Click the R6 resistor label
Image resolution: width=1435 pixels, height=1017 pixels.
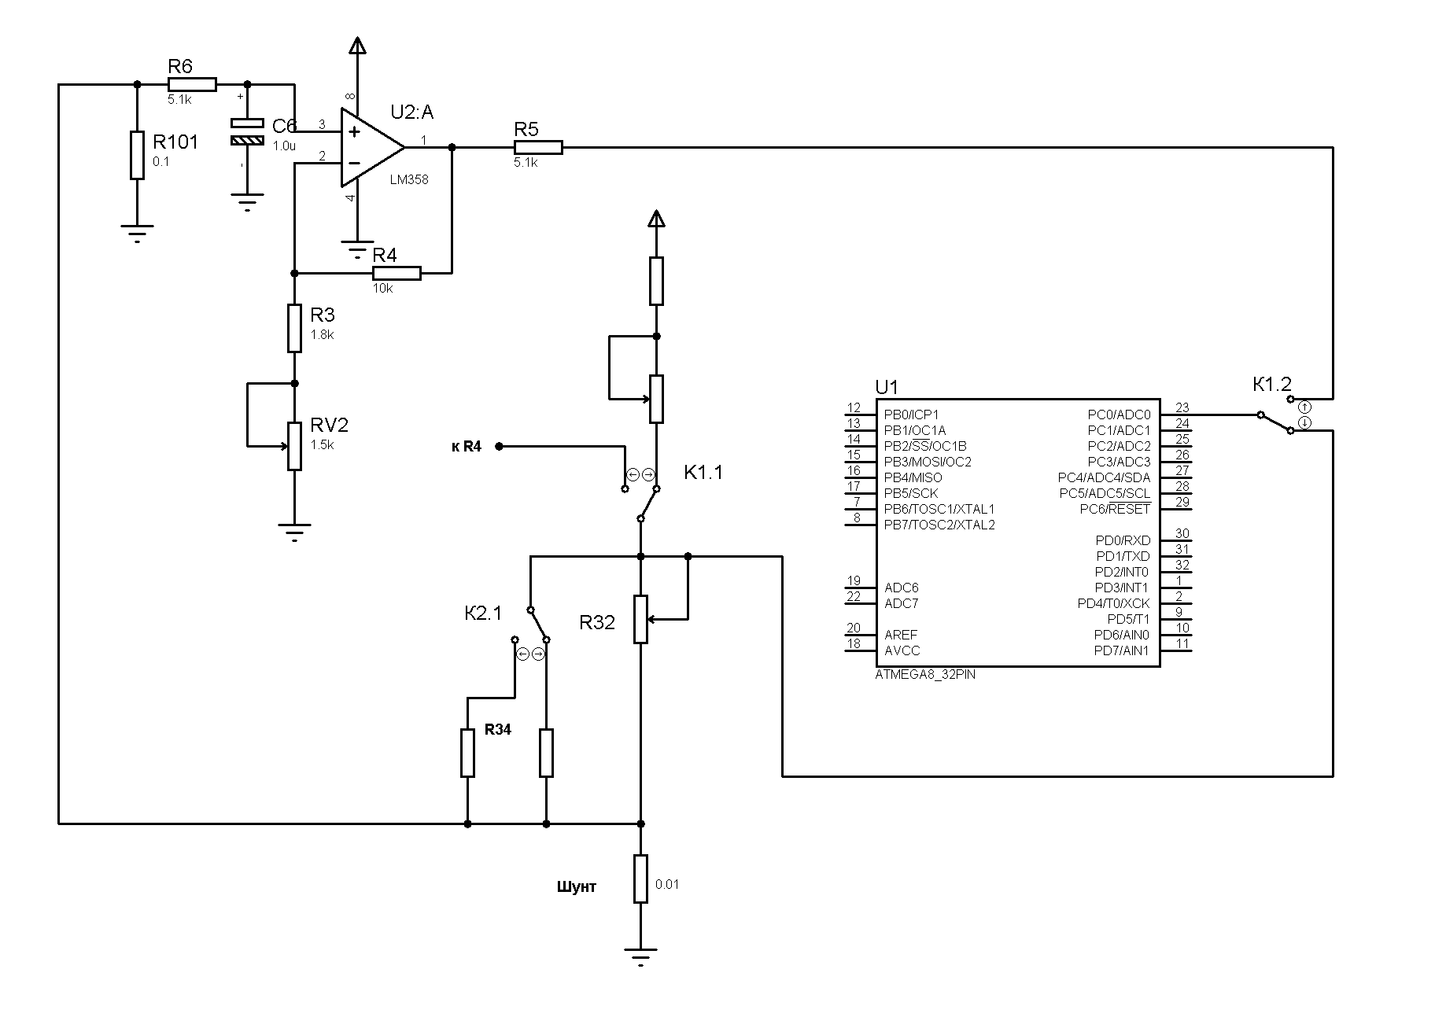[x=180, y=66]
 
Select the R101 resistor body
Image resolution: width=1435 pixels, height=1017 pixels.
[x=137, y=155]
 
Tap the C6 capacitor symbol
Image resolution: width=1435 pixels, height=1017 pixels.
[x=247, y=132]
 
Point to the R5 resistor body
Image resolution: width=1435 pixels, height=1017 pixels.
[x=538, y=147]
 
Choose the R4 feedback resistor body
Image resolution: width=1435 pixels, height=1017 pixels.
[x=397, y=273]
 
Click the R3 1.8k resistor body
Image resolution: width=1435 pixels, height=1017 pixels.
[x=294, y=328]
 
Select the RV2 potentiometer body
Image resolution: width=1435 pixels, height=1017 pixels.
[x=294, y=446]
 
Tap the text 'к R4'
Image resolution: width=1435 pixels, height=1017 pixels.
[x=467, y=447]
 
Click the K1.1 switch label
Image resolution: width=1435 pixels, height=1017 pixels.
[x=703, y=473]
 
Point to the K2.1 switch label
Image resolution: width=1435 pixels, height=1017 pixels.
[x=483, y=614]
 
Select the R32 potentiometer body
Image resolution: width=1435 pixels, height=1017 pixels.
[x=640, y=619]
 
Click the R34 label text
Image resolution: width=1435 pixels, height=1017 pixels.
[x=498, y=730]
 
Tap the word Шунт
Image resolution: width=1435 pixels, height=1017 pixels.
[x=577, y=887]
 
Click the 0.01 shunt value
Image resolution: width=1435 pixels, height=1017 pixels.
[x=667, y=884]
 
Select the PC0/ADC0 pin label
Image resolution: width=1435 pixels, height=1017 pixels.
[x=1119, y=415]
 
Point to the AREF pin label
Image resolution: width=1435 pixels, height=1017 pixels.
[x=901, y=635]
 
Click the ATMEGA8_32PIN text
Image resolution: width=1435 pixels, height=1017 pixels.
[x=925, y=675]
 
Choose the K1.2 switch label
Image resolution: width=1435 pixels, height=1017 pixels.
[x=1272, y=385]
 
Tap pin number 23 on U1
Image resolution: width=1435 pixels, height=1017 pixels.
[x=1182, y=407]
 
